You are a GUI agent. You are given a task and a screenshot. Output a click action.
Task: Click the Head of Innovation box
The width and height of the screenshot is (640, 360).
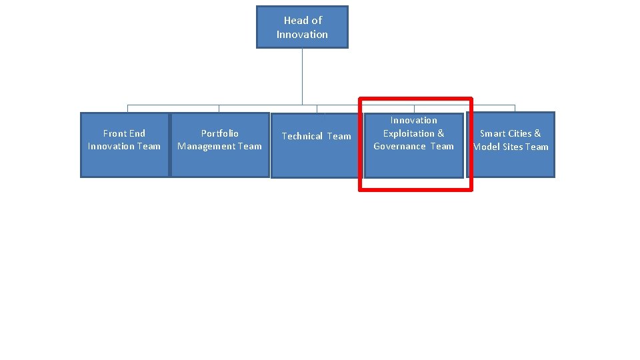pos(302,27)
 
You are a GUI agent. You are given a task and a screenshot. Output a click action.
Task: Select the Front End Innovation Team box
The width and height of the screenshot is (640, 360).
pos(125,145)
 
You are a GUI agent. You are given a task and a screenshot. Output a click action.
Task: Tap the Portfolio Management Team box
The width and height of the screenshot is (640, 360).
pos(220,145)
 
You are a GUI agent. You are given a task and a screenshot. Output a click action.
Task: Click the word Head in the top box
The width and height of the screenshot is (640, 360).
pos(295,21)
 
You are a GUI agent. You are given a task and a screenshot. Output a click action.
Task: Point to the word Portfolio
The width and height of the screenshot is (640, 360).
pos(220,133)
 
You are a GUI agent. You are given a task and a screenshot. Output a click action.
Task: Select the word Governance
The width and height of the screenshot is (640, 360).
pos(399,146)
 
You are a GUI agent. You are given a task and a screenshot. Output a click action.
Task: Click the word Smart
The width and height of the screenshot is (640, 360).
pos(492,133)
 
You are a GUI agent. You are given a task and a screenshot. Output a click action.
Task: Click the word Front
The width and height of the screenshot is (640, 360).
pos(115,133)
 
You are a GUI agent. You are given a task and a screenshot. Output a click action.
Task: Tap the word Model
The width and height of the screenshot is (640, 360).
pos(485,147)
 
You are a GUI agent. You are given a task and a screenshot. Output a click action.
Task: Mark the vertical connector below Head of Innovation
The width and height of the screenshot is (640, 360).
pos(302,76)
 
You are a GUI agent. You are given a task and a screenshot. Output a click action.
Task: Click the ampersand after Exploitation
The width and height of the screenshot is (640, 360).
pos(441,133)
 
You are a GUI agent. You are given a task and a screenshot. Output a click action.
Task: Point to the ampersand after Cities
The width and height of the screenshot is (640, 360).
pos(537,133)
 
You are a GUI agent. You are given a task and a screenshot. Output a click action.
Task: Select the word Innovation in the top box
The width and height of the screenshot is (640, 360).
pos(302,34)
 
